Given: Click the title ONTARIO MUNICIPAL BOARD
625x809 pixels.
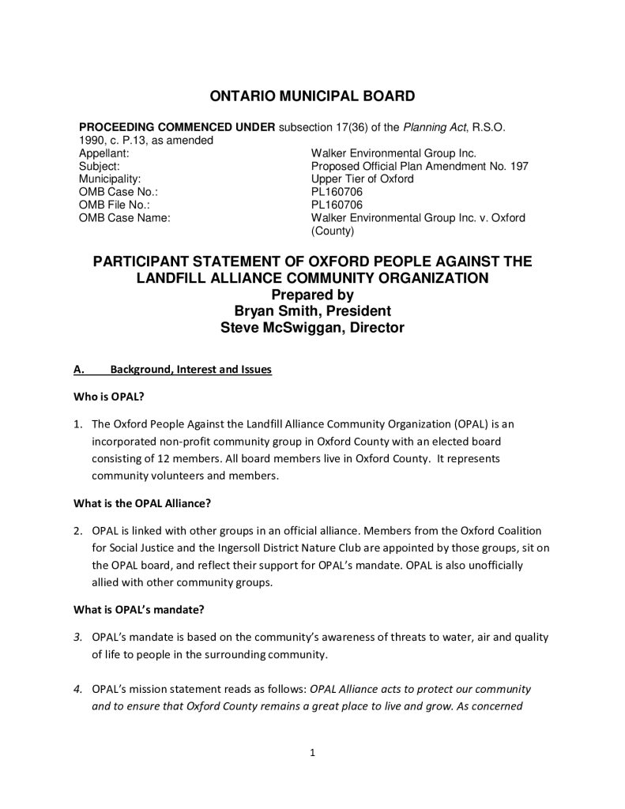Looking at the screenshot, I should [x=312, y=96].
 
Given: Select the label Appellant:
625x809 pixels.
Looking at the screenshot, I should [x=103, y=152].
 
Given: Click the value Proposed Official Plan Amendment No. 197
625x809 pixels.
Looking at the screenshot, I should [x=420, y=166].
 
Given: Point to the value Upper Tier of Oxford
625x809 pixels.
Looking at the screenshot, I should [x=362, y=179].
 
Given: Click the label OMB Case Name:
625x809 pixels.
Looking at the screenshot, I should [x=124, y=217].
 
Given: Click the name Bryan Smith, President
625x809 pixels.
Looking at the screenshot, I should [x=312, y=311].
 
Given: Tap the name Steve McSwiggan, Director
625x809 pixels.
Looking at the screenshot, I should [x=312, y=328].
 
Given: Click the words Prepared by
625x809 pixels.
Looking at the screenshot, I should [x=312, y=295].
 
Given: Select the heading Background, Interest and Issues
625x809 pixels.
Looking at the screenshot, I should [x=190, y=369].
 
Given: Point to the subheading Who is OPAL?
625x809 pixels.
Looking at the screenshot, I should [x=108, y=397].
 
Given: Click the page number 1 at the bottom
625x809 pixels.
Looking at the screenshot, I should [x=313, y=752].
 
